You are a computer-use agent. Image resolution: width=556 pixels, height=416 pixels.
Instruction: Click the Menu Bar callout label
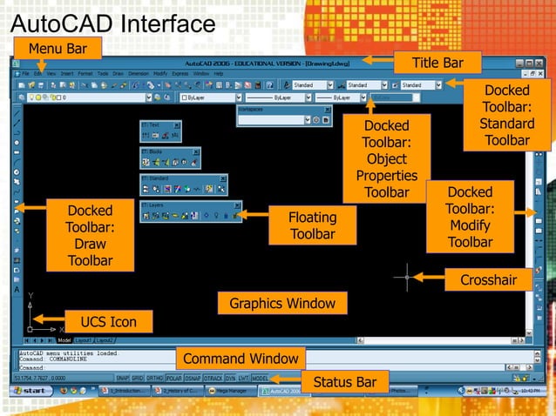57,47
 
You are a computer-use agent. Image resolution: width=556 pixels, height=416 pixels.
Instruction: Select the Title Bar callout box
437,63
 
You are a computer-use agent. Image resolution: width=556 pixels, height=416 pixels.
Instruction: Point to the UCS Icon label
108,322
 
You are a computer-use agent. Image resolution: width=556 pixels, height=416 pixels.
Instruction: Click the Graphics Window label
282,304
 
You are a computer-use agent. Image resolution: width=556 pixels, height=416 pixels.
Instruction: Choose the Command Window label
241,359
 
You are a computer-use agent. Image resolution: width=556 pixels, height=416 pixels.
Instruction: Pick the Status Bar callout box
344,382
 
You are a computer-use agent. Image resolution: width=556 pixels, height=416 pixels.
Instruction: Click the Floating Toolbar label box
313,225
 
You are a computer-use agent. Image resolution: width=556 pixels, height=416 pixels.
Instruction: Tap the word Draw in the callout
90,244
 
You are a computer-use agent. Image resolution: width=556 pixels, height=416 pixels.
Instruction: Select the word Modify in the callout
470,225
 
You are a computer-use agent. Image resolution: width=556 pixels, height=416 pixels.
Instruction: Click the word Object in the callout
386,159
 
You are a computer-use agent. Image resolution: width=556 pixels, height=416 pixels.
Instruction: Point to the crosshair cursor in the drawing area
407,277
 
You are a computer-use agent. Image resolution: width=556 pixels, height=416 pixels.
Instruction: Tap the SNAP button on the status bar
123,379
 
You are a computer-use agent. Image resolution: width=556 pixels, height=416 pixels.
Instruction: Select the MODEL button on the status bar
260,379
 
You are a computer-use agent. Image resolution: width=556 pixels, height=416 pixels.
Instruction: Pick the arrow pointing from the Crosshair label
426,278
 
